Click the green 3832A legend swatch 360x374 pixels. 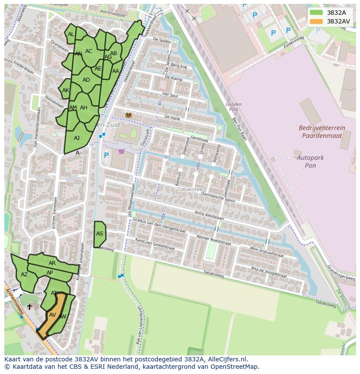point(317,13)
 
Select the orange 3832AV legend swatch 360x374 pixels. point(317,21)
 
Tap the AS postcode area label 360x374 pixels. point(100,234)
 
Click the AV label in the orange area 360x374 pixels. point(53,315)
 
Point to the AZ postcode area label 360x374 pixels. point(24,275)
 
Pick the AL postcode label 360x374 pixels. point(71,34)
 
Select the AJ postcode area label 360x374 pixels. point(77,138)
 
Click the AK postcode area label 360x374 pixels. point(66,90)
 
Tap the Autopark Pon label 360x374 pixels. point(310,162)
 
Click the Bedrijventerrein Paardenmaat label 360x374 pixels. point(322,132)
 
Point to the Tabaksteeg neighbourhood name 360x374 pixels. point(188,189)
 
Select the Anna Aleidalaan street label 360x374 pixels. point(209,216)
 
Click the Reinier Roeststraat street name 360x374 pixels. point(213,239)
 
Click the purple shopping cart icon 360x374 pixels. point(121,152)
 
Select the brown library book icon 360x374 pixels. point(128,115)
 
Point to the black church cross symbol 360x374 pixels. point(30,307)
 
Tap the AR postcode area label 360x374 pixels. point(52,263)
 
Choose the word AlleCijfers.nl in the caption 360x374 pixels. point(226,359)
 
